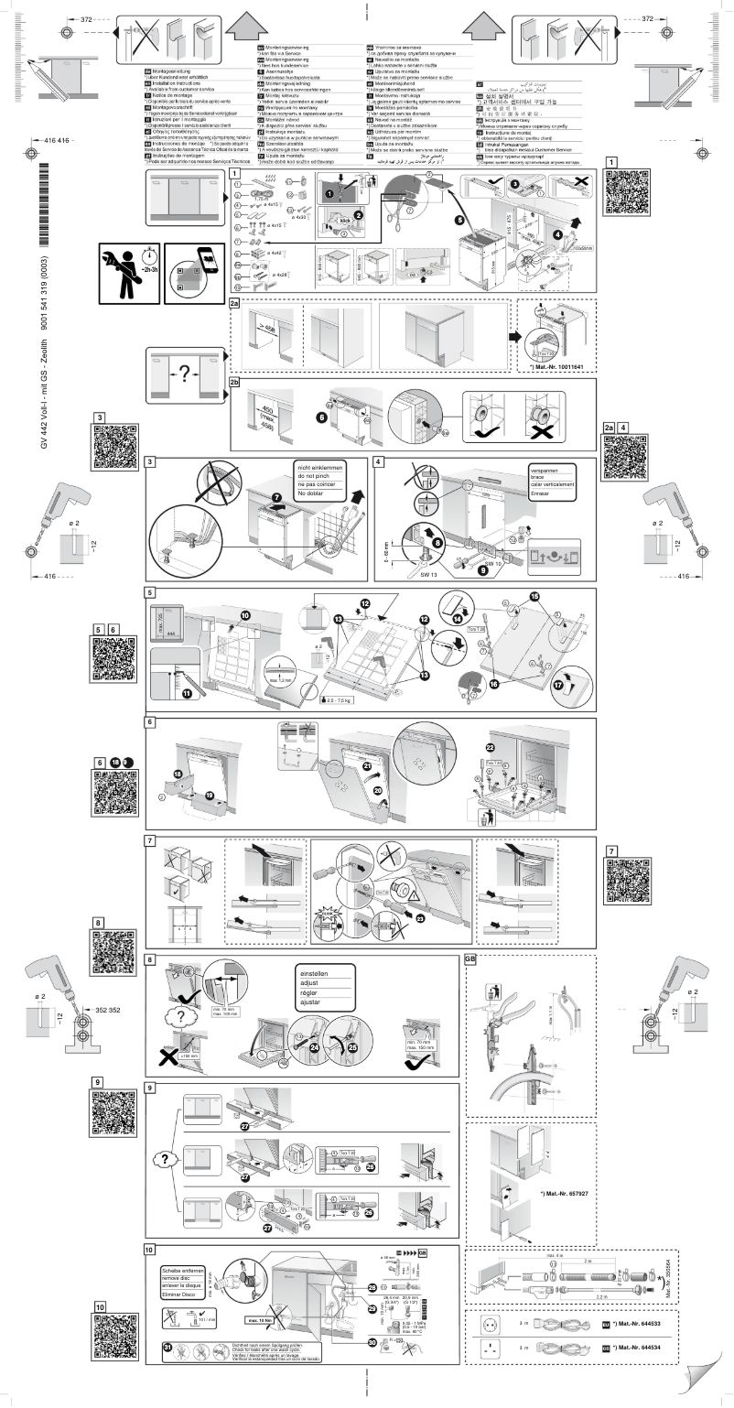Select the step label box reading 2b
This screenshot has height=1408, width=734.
[235, 381]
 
